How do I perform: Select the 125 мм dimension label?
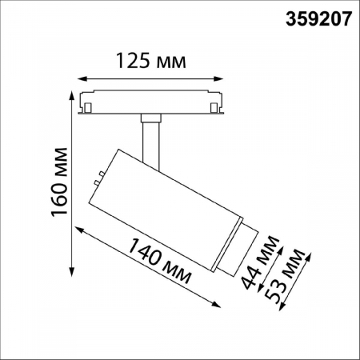pyautogui.click(x=148, y=62)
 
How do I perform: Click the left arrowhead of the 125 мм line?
pyautogui.click(x=82, y=78)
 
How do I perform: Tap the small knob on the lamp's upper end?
pyautogui.click(x=98, y=176)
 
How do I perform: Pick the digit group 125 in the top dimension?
pyautogui.click(x=133, y=62)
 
